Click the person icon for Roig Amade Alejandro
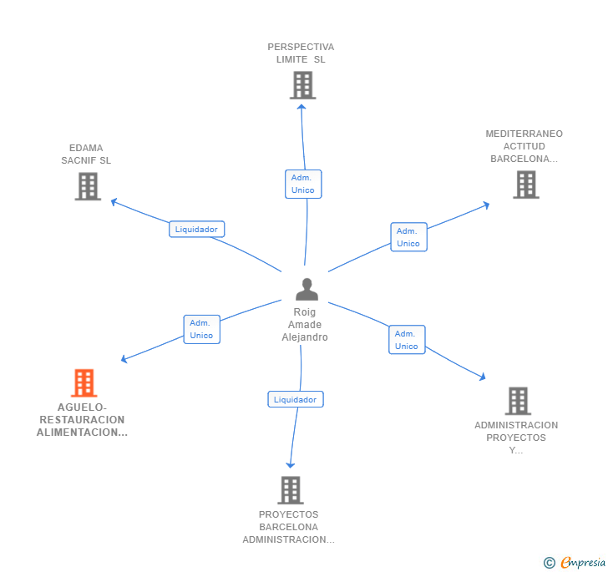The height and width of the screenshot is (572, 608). tap(307, 290)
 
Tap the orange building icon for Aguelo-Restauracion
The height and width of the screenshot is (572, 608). tap(84, 383)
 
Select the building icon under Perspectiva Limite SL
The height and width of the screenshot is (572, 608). tap(302, 85)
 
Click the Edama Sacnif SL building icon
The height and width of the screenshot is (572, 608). tap(88, 186)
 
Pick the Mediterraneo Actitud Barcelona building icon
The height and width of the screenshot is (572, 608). tap(525, 185)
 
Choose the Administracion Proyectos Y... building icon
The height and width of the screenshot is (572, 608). tap(518, 401)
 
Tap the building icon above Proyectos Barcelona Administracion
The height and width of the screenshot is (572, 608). tap(290, 490)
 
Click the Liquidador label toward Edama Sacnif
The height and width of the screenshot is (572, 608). tap(196, 229)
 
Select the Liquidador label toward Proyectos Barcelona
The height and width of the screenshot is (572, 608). tap(295, 399)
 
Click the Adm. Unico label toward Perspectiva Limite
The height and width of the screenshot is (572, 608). tap(302, 184)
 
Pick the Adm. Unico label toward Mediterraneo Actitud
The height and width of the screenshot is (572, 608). tap(408, 237)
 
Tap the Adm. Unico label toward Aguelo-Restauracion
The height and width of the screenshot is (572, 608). tap(201, 329)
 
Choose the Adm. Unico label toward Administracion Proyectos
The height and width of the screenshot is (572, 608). tap(407, 340)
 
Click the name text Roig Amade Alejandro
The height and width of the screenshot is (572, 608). tap(305, 325)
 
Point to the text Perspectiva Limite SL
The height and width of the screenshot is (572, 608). tap(301, 53)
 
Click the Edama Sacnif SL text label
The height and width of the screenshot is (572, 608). tap(86, 154)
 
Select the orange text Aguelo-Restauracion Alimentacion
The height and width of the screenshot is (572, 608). tap(82, 420)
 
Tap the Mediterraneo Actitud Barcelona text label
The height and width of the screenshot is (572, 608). tap(524, 146)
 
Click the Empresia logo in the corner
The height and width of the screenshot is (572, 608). tap(575, 562)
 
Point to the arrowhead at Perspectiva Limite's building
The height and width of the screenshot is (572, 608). tap(301, 105)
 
